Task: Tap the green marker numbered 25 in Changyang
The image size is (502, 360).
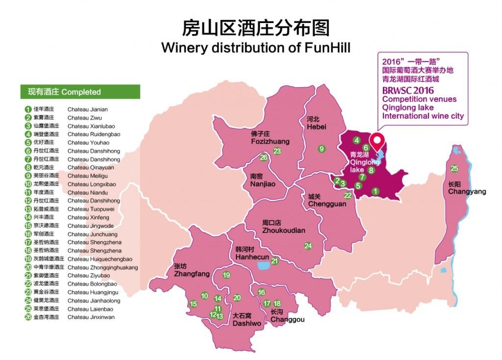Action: pyautogui.click(x=454, y=168)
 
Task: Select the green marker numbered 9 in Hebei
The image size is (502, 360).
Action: pyautogui.click(x=322, y=149)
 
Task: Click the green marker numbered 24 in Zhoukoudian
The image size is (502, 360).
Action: pyautogui.click(x=308, y=246)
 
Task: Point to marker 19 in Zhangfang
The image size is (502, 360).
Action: pyautogui.click(x=226, y=275)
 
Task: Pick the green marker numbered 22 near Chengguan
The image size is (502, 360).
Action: pyautogui.click(x=348, y=195)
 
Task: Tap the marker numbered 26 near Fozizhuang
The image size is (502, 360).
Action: pyautogui.click(x=264, y=157)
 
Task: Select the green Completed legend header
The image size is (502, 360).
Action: pyautogui.click(x=80, y=92)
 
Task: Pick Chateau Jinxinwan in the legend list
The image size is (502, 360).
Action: pyautogui.click(x=91, y=317)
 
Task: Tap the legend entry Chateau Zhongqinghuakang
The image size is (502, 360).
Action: pyautogui.click(x=102, y=267)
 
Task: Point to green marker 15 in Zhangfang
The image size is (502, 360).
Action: pyautogui.click(x=194, y=304)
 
